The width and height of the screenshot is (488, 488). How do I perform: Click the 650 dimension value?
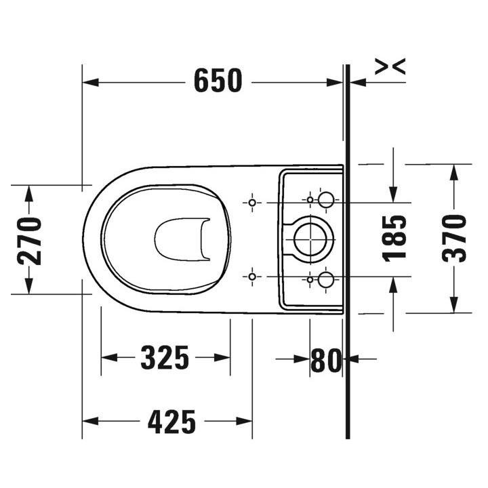[x=218, y=81]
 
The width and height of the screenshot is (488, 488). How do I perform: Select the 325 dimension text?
[x=165, y=358]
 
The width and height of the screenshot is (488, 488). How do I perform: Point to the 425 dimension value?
[x=171, y=422]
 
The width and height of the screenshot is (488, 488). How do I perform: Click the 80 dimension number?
[x=326, y=360]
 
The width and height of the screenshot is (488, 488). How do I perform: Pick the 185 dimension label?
[x=394, y=239]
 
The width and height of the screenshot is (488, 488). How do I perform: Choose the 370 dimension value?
[x=454, y=239]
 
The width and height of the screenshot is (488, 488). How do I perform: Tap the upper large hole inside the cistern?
[x=326, y=199]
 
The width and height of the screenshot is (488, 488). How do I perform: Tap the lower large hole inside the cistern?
[x=326, y=279]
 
